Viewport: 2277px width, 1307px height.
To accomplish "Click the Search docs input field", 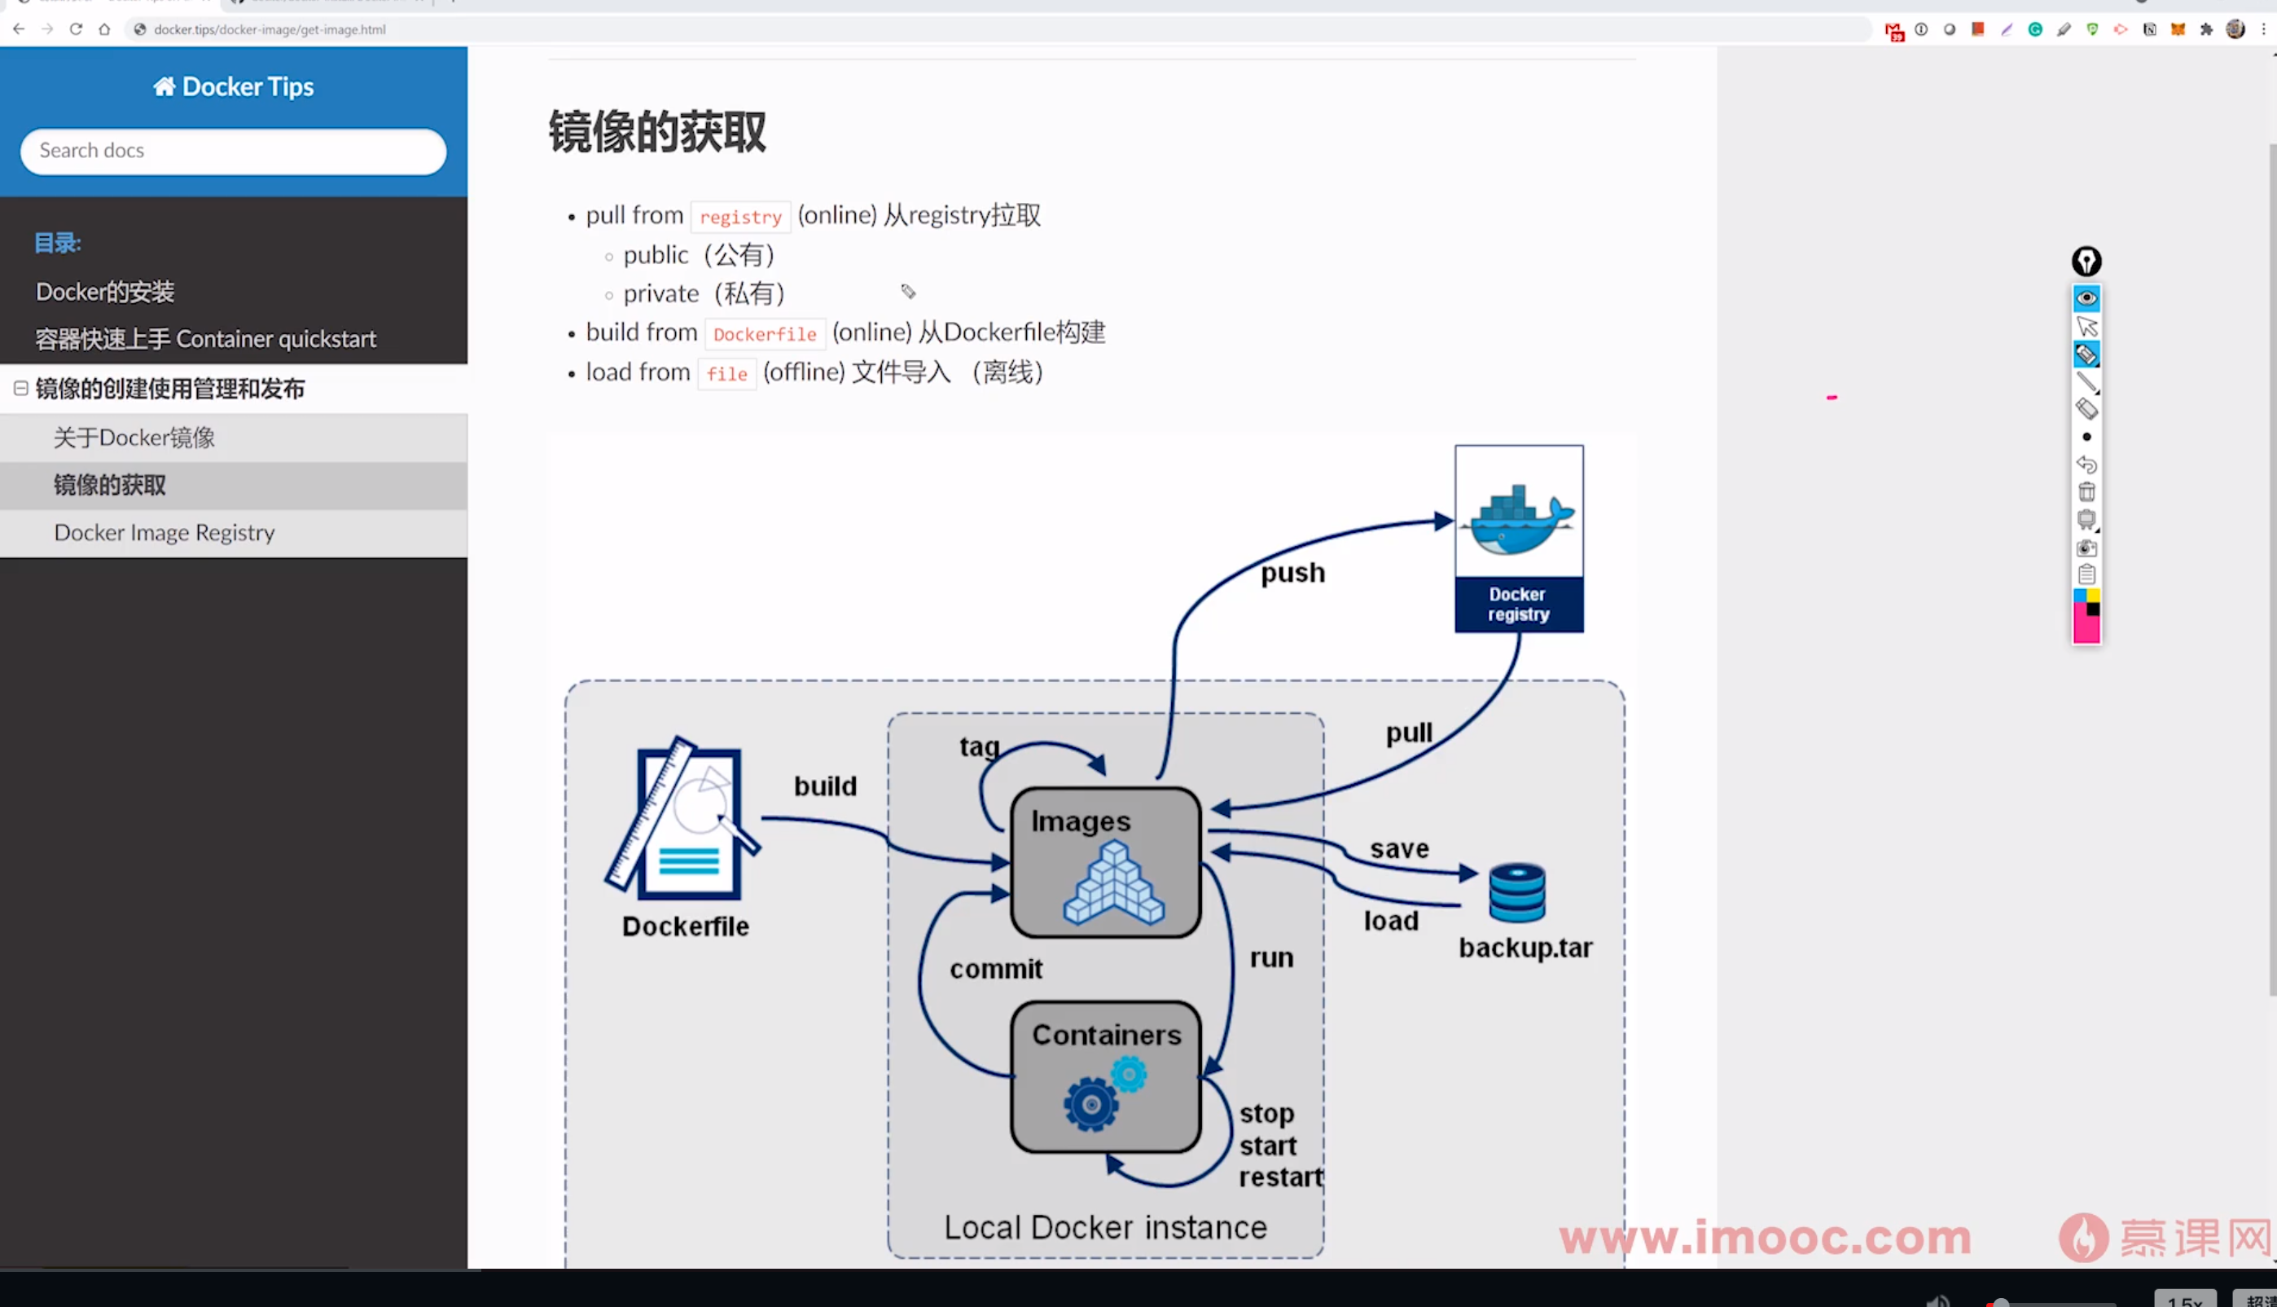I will [232, 151].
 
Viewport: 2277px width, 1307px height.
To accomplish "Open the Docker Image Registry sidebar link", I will [165, 532].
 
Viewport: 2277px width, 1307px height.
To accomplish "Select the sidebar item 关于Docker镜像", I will [134, 438].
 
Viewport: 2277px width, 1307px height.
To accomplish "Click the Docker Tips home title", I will [233, 86].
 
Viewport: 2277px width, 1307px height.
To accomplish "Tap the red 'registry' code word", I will [740, 216].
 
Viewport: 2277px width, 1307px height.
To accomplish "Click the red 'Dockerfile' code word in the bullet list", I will [765, 334].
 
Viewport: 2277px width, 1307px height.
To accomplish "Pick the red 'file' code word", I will [726, 373].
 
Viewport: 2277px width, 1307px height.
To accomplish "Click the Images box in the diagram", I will [1105, 863].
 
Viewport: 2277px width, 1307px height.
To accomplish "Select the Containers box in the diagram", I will [1105, 1076].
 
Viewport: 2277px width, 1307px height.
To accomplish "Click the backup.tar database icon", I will [1517, 893].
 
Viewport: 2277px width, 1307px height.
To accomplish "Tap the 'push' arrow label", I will [1292, 573].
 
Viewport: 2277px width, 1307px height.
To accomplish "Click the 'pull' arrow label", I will [1409, 733].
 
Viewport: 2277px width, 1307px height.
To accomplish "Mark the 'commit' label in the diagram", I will [996, 970].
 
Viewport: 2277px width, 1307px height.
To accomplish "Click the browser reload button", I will [77, 29].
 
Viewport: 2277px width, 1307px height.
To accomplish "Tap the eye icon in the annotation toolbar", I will [2086, 298].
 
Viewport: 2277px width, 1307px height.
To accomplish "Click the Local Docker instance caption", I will [1105, 1227].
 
